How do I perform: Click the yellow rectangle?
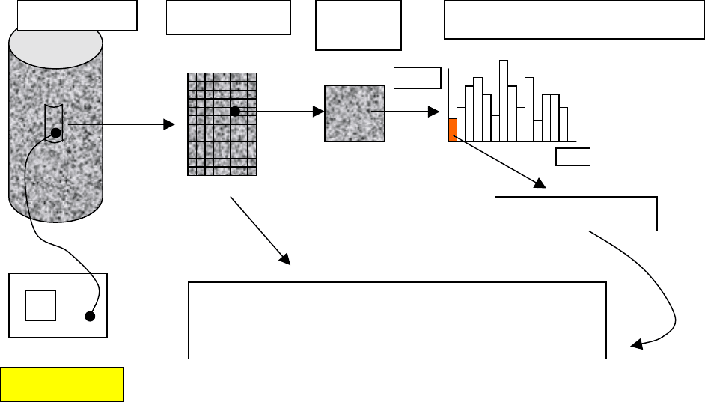(62, 384)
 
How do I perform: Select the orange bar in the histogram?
(452, 130)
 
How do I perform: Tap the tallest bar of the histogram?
(504, 100)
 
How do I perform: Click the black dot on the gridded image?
(234, 112)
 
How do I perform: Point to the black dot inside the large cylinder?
(55, 134)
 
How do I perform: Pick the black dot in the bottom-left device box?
(90, 316)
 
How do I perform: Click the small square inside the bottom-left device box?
(40, 305)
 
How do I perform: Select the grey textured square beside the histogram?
(355, 112)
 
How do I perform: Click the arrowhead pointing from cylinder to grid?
(168, 125)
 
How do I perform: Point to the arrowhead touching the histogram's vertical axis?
(434, 112)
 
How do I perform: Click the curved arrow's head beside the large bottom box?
(636, 344)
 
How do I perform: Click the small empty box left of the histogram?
(417, 77)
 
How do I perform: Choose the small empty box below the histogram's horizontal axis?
(573, 156)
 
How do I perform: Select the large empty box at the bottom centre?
(396, 320)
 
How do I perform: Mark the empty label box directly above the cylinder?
(77, 15)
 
